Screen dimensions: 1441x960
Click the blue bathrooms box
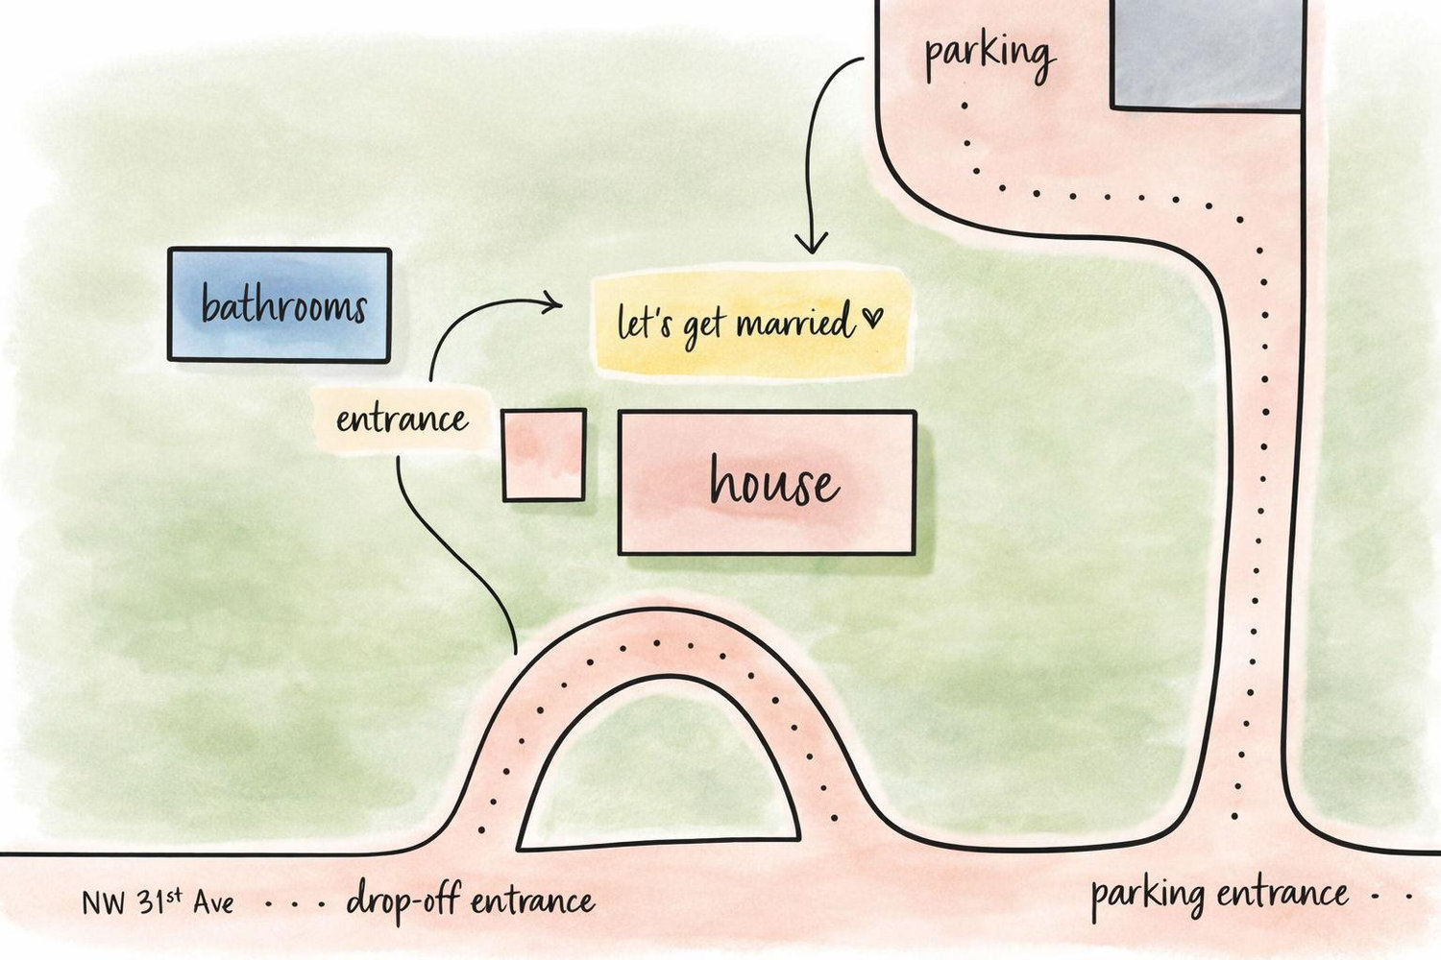(x=280, y=304)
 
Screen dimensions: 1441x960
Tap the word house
(x=774, y=480)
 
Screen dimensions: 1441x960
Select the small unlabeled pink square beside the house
(x=545, y=455)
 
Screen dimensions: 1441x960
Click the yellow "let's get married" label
(x=750, y=323)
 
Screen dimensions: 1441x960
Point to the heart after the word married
(x=873, y=317)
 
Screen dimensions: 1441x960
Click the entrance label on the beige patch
(x=403, y=420)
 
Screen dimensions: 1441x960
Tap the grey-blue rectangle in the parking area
(x=1209, y=55)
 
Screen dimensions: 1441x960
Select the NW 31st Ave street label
(x=159, y=901)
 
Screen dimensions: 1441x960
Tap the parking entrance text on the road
(x=1219, y=897)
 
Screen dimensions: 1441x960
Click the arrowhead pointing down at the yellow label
(x=811, y=243)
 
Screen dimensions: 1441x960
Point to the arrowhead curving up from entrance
(x=552, y=302)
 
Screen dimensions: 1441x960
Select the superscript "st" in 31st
(x=174, y=894)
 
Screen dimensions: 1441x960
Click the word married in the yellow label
(x=795, y=322)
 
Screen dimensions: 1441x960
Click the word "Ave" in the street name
(x=213, y=903)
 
